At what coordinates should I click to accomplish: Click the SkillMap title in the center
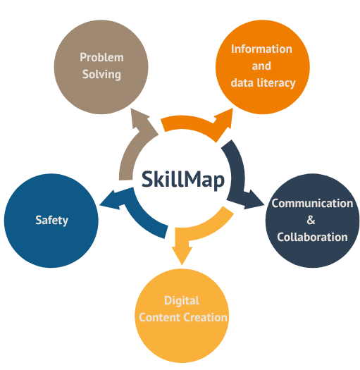coord(183,180)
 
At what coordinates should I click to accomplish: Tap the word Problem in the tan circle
coord(101,57)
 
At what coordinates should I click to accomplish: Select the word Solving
coord(101,75)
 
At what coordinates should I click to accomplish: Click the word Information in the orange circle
coord(261,49)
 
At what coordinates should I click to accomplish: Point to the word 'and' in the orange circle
coord(261,66)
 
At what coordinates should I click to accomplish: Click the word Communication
coord(312,204)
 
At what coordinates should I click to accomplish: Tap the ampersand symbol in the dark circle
coord(311,220)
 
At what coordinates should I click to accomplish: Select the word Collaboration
coord(312,237)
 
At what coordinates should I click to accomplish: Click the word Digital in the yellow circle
coord(182,301)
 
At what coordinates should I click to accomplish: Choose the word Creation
coord(205,318)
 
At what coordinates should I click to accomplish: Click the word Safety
coord(51,221)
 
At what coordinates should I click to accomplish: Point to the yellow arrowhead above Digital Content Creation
coord(182,255)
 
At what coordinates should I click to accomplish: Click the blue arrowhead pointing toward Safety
coord(110,201)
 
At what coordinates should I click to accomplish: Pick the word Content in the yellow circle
coord(160,318)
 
